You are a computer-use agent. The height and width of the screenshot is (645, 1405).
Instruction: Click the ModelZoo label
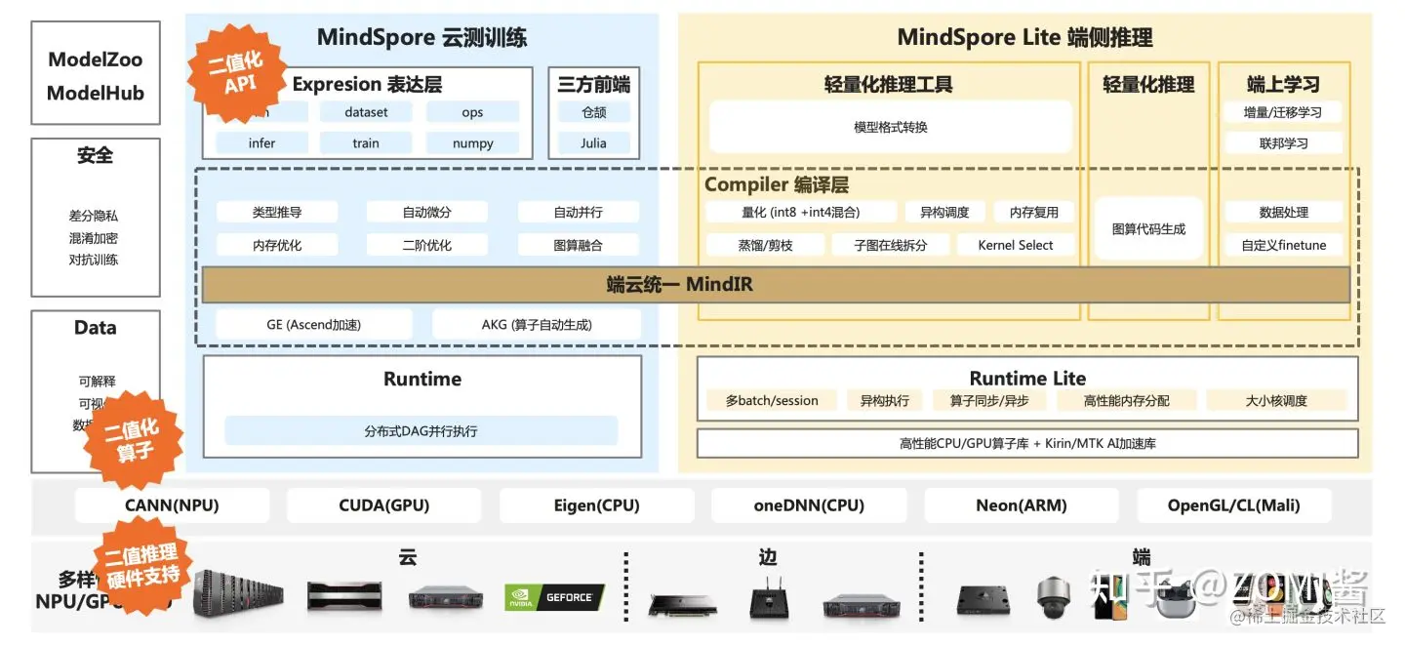pyautogui.click(x=96, y=60)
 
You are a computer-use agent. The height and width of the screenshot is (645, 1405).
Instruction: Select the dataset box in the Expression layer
pyautogui.click(x=366, y=112)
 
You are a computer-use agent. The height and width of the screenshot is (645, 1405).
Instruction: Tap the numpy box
pyautogui.click(x=472, y=143)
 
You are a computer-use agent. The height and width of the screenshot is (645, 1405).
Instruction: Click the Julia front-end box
pyautogui.click(x=593, y=143)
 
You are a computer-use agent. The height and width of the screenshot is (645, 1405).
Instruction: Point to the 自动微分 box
pyautogui.click(x=426, y=212)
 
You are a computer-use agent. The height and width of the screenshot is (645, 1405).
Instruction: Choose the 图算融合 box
pyautogui.click(x=578, y=245)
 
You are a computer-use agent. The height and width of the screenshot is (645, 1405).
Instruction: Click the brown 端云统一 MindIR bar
pyautogui.click(x=776, y=285)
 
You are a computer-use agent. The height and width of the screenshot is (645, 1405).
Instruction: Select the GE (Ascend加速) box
pyautogui.click(x=313, y=324)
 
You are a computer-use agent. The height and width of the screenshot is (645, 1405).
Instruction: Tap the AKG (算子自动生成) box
pyautogui.click(x=537, y=324)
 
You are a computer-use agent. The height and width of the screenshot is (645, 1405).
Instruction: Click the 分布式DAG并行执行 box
pyautogui.click(x=421, y=430)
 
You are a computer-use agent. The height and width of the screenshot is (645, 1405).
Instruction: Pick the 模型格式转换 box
pyautogui.click(x=890, y=127)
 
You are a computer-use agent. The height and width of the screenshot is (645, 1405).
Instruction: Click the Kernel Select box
pyautogui.click(x=1015, y=245)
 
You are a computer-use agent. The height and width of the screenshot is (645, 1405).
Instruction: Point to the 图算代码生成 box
pyautogui.click(x=1148, y=228)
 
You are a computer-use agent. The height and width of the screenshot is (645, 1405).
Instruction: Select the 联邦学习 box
pyautogui.click(x=1283, y=143)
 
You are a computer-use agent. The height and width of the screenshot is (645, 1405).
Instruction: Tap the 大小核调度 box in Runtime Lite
pyautogui.click(x=1276, y=400)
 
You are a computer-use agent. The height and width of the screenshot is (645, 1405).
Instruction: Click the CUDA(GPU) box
pyautogui.click(x=383, y=505)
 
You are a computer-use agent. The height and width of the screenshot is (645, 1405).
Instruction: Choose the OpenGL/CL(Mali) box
pyautogui.click(x=1233, y=505)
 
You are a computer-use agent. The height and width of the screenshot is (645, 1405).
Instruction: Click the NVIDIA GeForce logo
pyautogui.click(x=554, y=597)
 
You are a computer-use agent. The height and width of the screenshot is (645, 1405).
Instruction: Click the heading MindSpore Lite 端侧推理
pyautogui.click(x=1024, y=38)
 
